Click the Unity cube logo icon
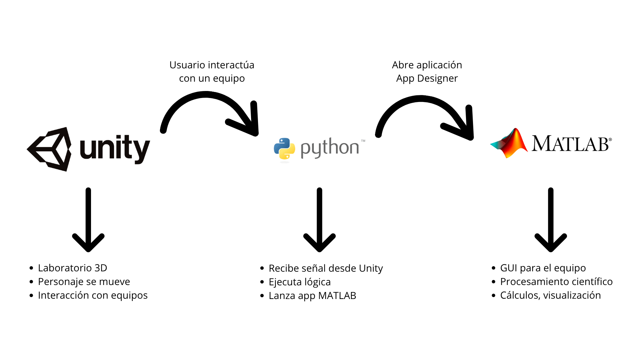pyautogui.click(x=50, y=149)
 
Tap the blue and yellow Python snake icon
pyautogui.click(x=284, y=148)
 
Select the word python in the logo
pyautogui.click(x=330, y=148)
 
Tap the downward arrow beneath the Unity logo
pyautogui.click(x=88, y=220)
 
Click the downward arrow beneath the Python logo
pyautogui.click(x=319, y=220)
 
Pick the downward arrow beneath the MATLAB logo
pyautogui.click(x=551, y=220)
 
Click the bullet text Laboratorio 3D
pyautogui.click(x=72, y=268)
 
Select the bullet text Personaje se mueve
pyautogui.click(x=84, y=282)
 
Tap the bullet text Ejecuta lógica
pyautogui.click(x=300, y=282)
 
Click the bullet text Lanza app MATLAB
pyautogui.click(x=312, y=296)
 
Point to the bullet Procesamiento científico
pyautogui.click(x=556, y=282)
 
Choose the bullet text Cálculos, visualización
pyautogui.click(x=550, y=295)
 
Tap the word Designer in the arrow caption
pyautogui.click(x=437, y=79)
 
